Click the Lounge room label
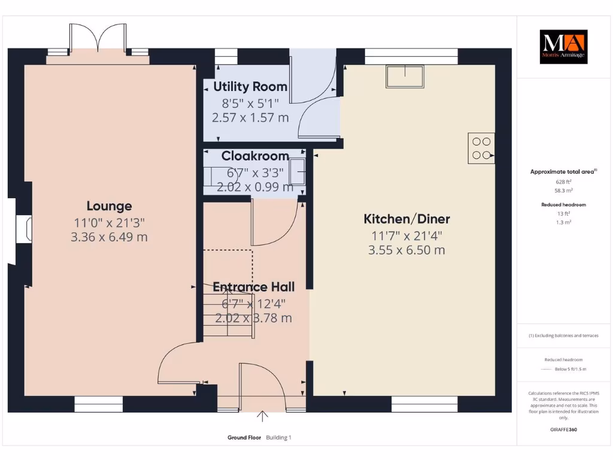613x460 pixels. (x=109, y=206)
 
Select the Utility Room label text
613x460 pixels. (x=250, y=87)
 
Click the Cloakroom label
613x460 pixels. (x=255, y=156)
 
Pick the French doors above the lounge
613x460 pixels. (x=98, y=39)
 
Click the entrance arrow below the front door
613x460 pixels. (x=263, y=416)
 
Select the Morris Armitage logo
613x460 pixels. (x=563, y=47)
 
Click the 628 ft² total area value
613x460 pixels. (x=563, y=181)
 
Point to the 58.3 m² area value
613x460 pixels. (x=563, y=190)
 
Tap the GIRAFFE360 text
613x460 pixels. (x=563, y=429)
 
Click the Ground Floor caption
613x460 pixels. (x=244, y=438)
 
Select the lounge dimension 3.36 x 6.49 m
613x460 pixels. (x=109, y=237)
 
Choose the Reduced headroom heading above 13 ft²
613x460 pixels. (x=563, y=205)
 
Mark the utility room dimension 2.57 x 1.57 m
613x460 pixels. (x=250, y=117)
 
